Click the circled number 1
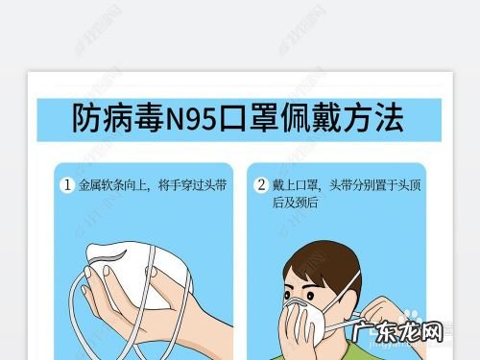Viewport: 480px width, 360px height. click(68, 185)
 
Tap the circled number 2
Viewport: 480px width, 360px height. click(260, 185)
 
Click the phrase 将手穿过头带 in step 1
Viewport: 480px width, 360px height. click(191, 185)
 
